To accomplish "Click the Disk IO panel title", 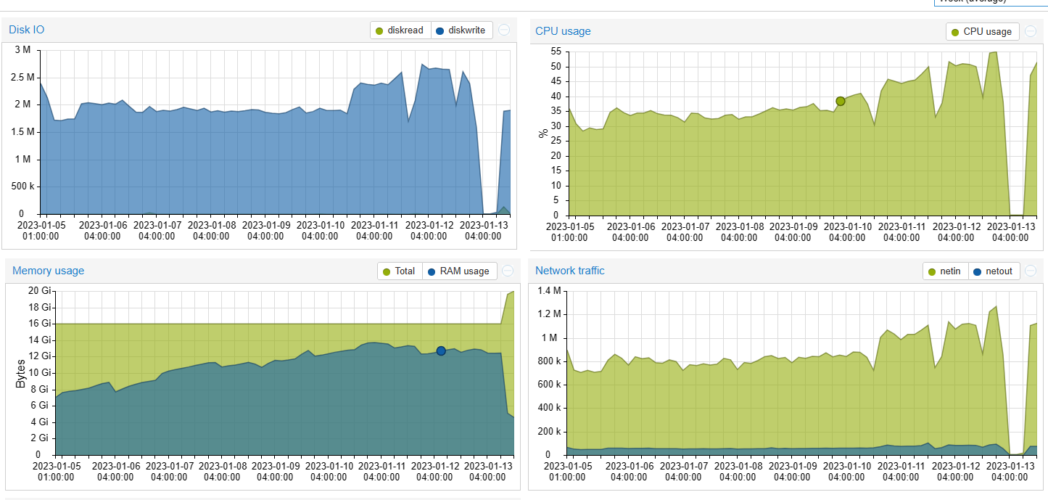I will click(27, 30).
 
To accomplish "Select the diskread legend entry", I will click(400, 30).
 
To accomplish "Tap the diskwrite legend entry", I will click(462, 30).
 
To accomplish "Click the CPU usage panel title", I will click(563, 31).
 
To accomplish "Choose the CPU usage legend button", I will click(982, 32).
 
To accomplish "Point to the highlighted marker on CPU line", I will click(840, 101).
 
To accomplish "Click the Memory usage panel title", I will click(48, 271).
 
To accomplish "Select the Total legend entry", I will click(400, 271).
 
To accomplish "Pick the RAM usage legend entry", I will click(458, 271).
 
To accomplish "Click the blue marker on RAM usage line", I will click(441, 351).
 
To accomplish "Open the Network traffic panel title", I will click(569, 271).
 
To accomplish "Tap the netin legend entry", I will click(944, 271).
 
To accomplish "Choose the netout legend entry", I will click(993, 271).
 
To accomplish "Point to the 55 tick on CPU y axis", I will click(555, 52).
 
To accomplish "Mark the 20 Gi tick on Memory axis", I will click(41, 290).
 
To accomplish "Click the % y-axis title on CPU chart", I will click(542, 134).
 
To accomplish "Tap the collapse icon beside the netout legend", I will click(1031, 271).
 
